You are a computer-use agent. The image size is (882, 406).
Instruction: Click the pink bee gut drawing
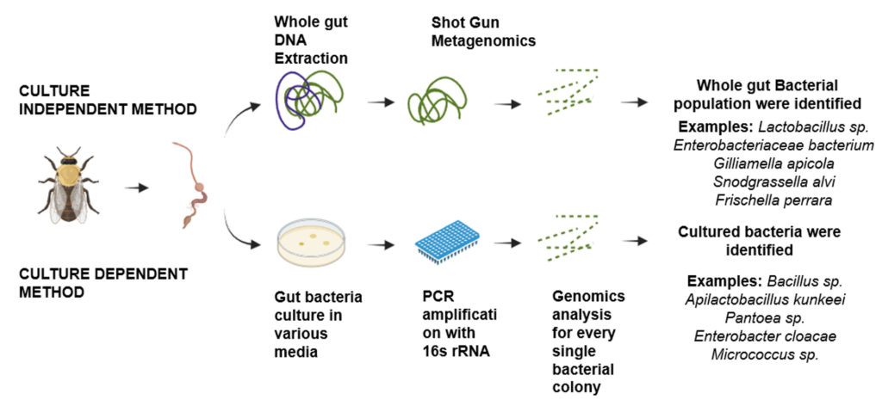(192, 184)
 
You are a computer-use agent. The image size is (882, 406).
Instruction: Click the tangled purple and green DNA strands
(308, 100)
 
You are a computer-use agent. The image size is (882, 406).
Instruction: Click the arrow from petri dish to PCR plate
(382, 245)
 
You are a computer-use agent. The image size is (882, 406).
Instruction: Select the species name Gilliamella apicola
(773, 163)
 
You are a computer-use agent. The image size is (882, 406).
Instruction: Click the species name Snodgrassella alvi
(773, 181)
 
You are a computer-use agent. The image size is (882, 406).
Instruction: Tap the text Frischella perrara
(773, 200)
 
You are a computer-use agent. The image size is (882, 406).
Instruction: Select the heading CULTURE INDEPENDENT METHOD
(108, 99)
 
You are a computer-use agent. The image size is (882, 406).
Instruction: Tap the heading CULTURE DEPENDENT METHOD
(103, 282)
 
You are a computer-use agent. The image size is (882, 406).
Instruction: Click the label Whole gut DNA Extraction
(311, 40)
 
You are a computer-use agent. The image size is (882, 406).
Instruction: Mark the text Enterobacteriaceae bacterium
(773, 145)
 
